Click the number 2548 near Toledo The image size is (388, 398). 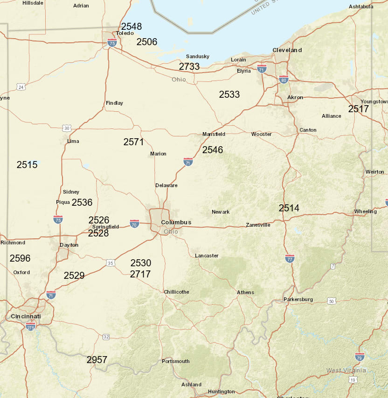point(132,27)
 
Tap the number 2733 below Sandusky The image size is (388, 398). point(189,67)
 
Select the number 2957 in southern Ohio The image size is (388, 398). point(97,360)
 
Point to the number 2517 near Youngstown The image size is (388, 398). point(359,109)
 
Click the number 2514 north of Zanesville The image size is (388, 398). point(289,208)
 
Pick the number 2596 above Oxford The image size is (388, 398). point(20,258)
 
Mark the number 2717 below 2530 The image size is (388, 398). point(140,274)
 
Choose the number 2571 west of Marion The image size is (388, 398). point(134,142)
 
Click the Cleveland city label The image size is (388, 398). point(287,50)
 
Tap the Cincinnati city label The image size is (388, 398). point(26,317)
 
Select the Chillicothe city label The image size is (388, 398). point(176,292)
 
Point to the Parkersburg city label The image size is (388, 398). point(298,299)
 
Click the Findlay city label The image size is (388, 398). point(115,103)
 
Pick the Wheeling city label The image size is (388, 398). point(365,211)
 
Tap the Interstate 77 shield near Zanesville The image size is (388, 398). point(290,258)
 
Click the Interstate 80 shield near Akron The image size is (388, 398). point(284,79)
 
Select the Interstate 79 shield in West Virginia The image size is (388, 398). point(360,357)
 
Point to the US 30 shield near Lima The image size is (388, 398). point(67,128)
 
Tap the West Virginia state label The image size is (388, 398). point(346,371)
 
